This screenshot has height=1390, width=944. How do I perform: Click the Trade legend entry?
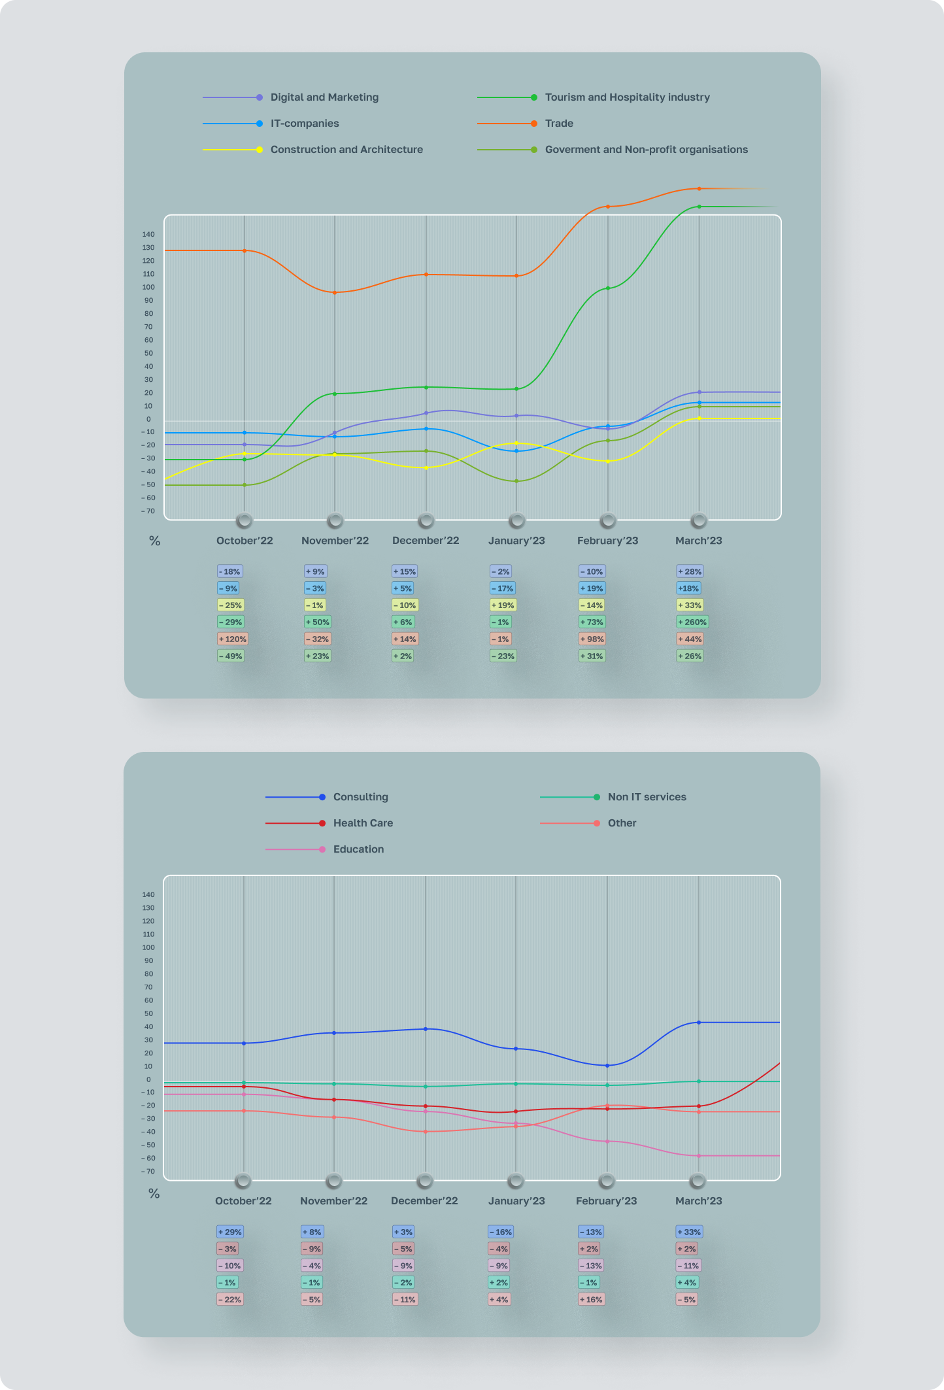point(559,124)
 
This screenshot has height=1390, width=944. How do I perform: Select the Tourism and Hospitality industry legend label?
point(627,97)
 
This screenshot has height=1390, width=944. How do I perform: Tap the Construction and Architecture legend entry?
point(346,150)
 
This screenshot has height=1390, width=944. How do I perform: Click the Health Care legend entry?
point(363,823)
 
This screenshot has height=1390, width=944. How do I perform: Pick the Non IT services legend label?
point(647,797)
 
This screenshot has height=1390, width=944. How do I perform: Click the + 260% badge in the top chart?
point(692,622)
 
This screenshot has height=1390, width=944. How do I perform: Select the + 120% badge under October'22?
point(232,639)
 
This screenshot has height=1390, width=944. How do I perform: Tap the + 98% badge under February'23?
point(592,639)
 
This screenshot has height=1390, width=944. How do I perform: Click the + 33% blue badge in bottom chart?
point(689,1232)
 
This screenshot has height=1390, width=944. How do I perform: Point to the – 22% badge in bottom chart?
point(229,1300)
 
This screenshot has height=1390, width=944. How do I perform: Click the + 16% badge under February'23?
point(591,1300)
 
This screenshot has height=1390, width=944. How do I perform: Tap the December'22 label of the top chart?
point(426,541)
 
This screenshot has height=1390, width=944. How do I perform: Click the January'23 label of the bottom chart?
point(516,1201)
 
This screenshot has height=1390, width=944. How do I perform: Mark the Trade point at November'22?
point(335,293)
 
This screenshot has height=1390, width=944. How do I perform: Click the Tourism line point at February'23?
point(608,288)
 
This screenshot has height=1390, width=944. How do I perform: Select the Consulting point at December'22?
point(426,1029)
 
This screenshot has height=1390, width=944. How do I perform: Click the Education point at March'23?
point(699,1156)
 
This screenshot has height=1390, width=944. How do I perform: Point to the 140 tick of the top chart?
point(148,235)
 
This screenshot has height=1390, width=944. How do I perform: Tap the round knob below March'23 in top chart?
point(699,521)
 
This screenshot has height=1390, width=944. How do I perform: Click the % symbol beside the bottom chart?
point(154,1194)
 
